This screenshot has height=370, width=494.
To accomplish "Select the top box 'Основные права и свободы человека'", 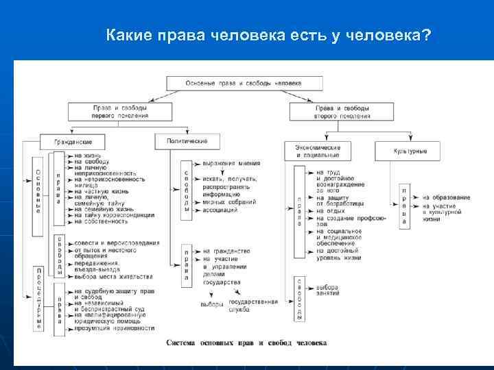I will click(243, 82).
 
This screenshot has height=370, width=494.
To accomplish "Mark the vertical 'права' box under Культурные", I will click(405, 206).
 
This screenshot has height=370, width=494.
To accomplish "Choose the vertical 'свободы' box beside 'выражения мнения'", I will click(187, 190).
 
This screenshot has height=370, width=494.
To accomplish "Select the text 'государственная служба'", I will click(253, 306).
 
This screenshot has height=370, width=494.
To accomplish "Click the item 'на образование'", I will click(447, 197).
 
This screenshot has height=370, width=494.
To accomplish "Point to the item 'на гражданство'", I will click(226, 252).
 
